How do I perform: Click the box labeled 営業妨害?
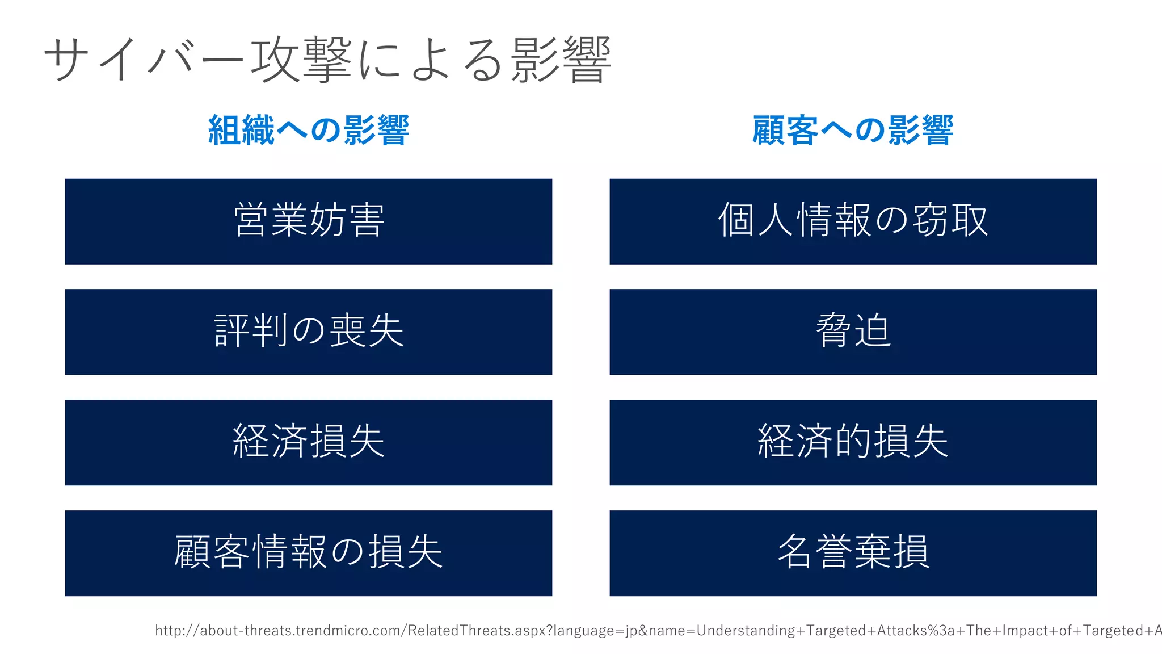coord(308,221)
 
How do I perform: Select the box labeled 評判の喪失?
coord(308,332)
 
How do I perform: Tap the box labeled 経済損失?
coord(308,442)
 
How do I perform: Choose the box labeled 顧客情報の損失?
coord(308,553)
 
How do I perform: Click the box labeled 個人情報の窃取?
coord(853,221)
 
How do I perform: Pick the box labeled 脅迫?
coord(853,332)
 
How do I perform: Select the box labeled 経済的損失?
coord(853,442)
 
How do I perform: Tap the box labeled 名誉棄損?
coord(853,553)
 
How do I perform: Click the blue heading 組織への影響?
coord(308,130)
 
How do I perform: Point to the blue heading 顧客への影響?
coord(853,130)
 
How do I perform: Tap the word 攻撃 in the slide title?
coord(301,59)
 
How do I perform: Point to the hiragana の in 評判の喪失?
coord(309,330)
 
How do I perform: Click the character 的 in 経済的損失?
coord(853,441)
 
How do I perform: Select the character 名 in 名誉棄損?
coord(795,551)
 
